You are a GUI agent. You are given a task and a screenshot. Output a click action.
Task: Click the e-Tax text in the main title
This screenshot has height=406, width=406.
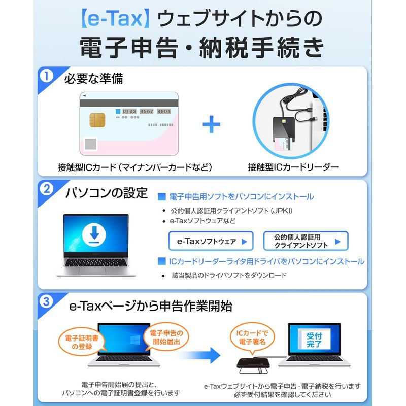[115, 18]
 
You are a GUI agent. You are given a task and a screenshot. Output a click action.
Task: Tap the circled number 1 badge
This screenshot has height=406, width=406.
[46, 76]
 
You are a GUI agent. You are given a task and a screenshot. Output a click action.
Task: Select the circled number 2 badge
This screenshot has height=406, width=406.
[46, 189]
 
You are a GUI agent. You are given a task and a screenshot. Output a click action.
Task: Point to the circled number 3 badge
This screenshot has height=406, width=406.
[46, 301]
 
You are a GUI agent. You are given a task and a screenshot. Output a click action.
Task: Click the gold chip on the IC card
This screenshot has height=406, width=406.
[97, 120]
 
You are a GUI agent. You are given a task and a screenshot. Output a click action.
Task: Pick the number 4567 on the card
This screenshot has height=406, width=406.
[147, 111]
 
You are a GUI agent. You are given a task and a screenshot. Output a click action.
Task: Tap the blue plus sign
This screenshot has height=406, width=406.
[211, 124]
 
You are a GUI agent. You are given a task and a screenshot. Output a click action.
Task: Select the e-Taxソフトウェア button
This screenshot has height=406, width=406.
[211, 241]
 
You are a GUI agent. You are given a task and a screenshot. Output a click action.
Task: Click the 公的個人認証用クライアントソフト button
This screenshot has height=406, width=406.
[306, 241]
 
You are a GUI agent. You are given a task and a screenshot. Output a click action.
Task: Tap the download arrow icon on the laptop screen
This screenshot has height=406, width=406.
[94, 234]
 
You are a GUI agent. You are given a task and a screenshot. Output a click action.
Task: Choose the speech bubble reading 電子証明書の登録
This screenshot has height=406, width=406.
[82, 342]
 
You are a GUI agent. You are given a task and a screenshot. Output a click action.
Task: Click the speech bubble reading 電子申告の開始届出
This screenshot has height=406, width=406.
[166, 337]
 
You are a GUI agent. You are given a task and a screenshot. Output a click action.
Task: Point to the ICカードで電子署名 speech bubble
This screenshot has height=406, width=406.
[252, 337]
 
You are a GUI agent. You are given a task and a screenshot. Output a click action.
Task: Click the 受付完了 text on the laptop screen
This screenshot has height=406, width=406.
[314, 340]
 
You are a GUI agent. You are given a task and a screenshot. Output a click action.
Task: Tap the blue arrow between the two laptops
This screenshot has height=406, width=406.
[199, 355]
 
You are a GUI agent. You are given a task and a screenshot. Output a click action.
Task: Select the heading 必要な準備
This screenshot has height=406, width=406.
[93, 79]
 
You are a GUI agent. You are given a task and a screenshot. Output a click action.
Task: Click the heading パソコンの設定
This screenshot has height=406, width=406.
[107, 193]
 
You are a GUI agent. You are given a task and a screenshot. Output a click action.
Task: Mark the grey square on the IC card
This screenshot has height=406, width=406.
[91, 144]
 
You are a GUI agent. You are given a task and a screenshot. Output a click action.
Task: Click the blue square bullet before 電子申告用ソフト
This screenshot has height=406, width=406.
[162, 197]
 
